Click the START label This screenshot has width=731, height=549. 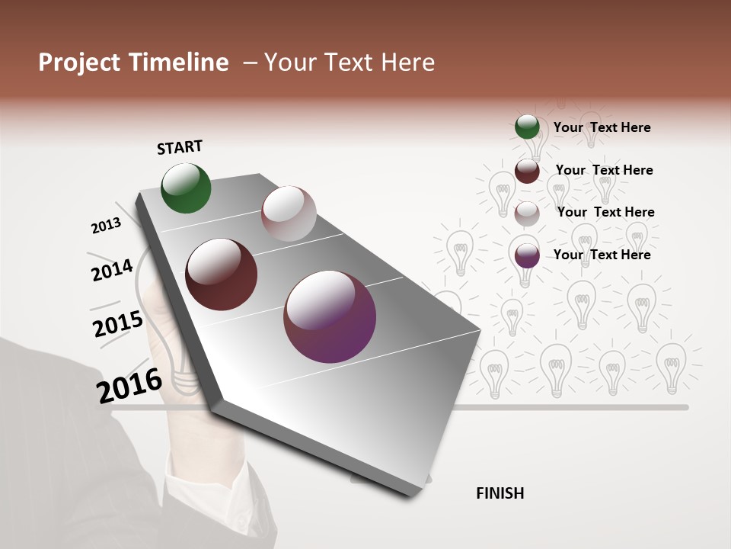coord(180,147)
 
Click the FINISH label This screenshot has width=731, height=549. coord(500,493)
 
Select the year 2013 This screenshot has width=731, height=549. coord(106,226)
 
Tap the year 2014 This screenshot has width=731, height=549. coord(112,270)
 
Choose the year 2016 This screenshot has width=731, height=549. coord(129,385)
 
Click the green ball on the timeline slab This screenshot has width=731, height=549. coord(186,188)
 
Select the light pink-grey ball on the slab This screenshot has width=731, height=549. coord(289,213)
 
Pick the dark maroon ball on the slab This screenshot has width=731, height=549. coord(221,274)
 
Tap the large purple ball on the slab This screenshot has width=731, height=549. coord(330,316)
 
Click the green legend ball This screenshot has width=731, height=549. coord(527,127)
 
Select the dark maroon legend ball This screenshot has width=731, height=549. coord(527,171)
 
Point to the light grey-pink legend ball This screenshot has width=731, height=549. coord(527,213)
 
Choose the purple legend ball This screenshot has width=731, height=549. coord(527,256)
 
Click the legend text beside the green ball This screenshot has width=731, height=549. coord(602,127)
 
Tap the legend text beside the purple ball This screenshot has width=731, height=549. coord(602,255)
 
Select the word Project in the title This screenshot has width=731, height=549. coord(78,63)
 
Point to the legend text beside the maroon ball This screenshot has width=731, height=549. coord(605,170)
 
